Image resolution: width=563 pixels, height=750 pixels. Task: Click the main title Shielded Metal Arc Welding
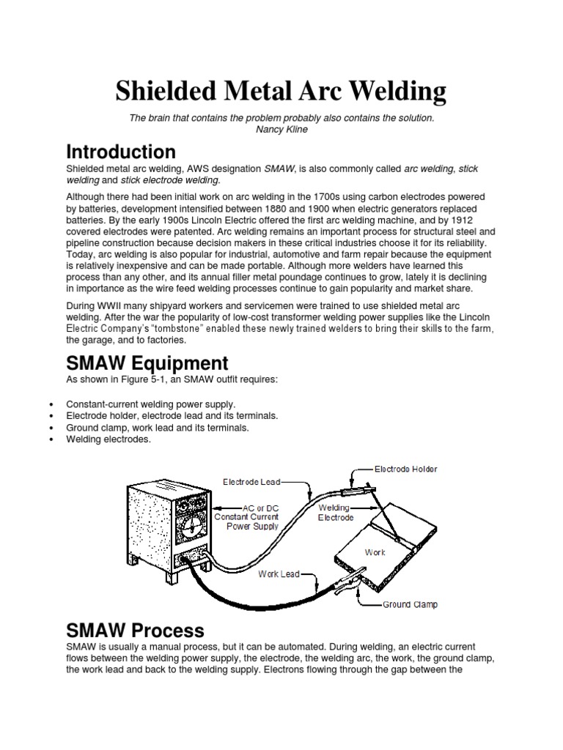coord(281,92)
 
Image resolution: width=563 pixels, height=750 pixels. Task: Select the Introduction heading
coord(121,152)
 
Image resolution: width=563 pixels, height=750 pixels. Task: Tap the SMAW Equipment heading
coord(147,363)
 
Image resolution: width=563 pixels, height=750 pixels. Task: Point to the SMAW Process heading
coord(135,631)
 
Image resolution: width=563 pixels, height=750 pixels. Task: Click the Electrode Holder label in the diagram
coord(406,468)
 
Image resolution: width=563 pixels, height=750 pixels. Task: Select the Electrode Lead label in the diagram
coord(250,482)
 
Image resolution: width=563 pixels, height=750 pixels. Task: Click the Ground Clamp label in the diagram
coord(410,605)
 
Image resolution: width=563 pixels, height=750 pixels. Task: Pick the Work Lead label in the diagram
coord(279,574)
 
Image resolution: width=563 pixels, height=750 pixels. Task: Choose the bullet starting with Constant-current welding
coord(151,404)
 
